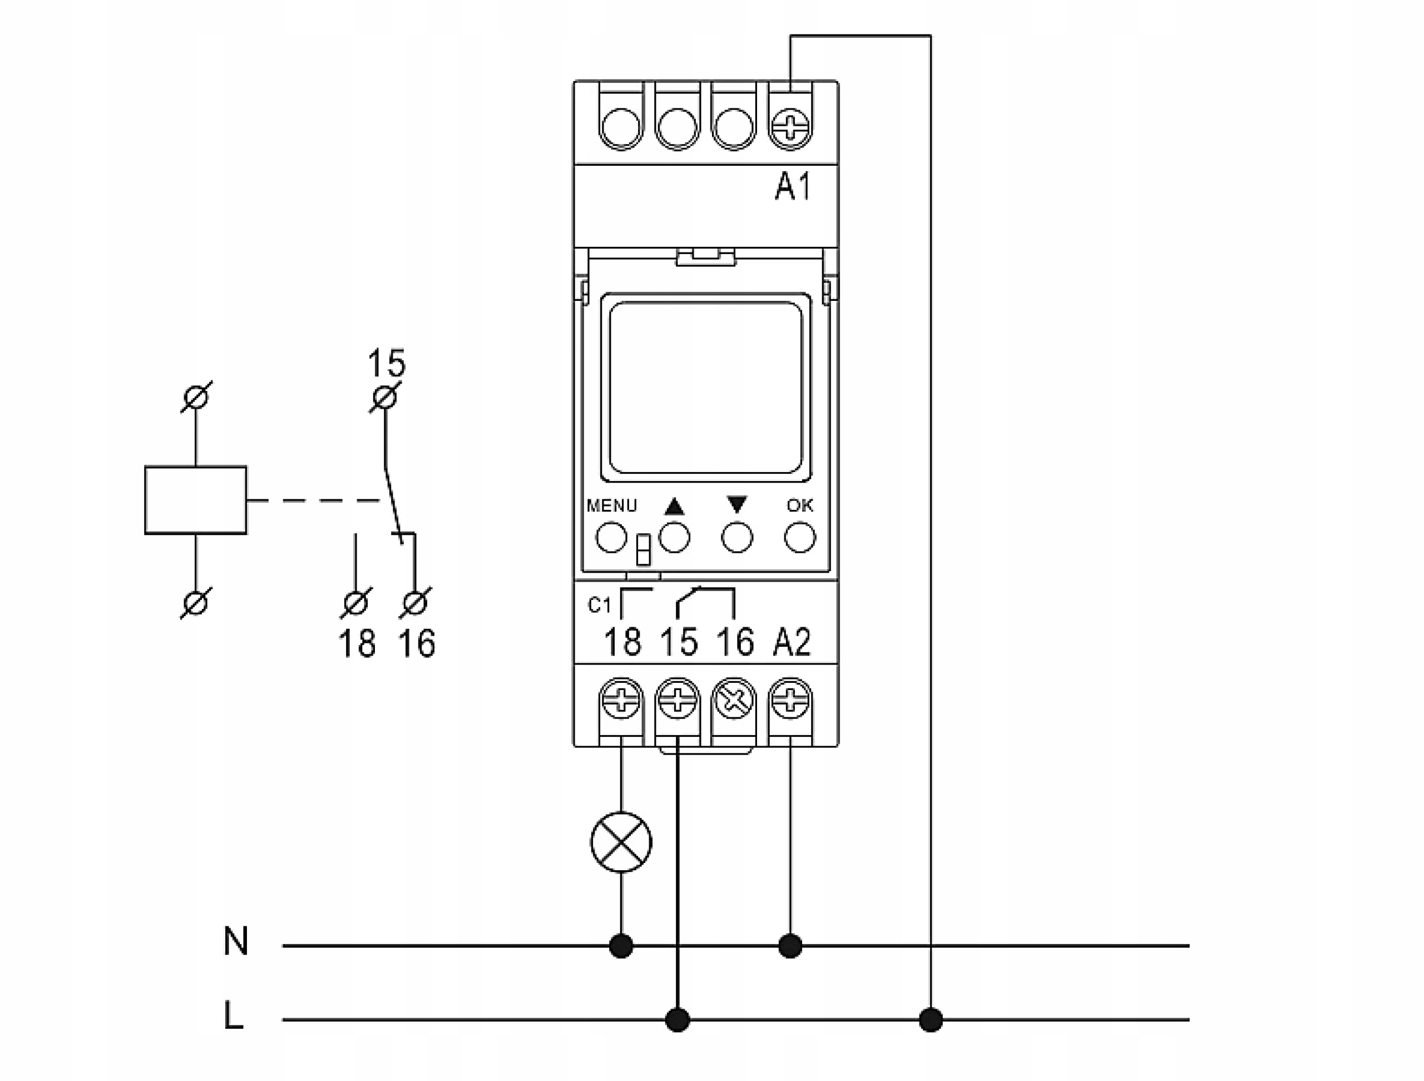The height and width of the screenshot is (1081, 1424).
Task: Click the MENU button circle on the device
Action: (611, 537)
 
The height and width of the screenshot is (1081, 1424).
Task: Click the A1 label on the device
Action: (793, 187)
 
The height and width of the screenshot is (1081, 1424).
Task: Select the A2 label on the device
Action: (792, 642)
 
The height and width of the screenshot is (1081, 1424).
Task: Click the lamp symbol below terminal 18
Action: (621, 842)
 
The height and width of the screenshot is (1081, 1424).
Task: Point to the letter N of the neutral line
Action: (236, 941)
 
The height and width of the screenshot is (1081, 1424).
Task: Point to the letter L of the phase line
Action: (233, 1015)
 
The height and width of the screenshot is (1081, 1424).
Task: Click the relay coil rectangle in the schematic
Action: (196, 500)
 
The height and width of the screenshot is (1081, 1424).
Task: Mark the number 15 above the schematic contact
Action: (386, 364)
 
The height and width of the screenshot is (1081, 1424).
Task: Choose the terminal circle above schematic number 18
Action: (355, 603)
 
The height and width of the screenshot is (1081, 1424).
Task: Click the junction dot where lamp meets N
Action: (621, 946)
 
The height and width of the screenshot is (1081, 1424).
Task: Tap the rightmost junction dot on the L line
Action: (931, 1020)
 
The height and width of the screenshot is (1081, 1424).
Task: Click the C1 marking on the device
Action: (599, 606)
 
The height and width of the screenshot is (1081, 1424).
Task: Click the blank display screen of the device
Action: (705, 388)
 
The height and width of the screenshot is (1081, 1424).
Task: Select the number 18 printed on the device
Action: (622, 642)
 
